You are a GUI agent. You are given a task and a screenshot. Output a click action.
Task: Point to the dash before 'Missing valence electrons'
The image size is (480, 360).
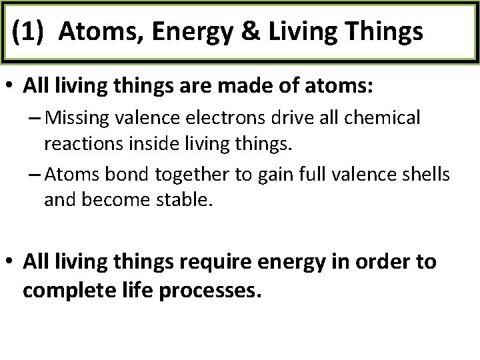(34, 119)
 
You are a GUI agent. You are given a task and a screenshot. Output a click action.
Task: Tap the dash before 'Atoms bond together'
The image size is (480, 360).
(34, 175)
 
